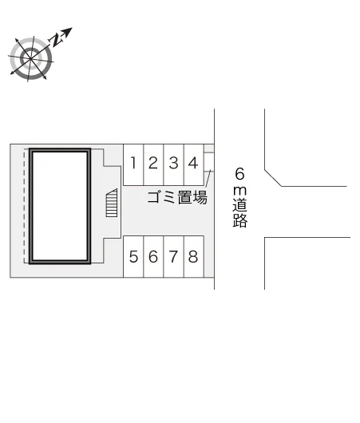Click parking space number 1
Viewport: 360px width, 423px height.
click(133, 165)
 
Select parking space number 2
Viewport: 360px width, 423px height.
click(153, 165)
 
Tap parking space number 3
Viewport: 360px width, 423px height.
click(173, 165)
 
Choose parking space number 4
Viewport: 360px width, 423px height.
click(193, 165)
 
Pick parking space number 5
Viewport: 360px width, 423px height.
click(133, 256)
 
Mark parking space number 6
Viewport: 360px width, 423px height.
click(153, 256)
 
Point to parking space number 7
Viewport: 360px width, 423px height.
click(173, 256)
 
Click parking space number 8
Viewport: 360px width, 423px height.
click(193, 256)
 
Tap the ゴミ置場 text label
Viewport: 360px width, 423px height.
click(177, 197)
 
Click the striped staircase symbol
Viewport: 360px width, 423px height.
click(112, 203)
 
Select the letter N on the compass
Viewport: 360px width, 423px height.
click(57, 40)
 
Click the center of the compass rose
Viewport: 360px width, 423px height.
click(30, 58)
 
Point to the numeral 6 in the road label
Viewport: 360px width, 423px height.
click(239, 174)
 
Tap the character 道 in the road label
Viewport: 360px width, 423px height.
click(240, 205)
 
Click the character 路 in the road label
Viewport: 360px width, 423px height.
click(240, 220)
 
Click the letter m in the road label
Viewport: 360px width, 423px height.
click(239, 191)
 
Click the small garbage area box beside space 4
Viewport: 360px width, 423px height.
click(209, 162)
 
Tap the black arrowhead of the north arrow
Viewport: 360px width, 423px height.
click(68, 31)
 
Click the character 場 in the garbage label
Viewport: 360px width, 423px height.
click(200, 197)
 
